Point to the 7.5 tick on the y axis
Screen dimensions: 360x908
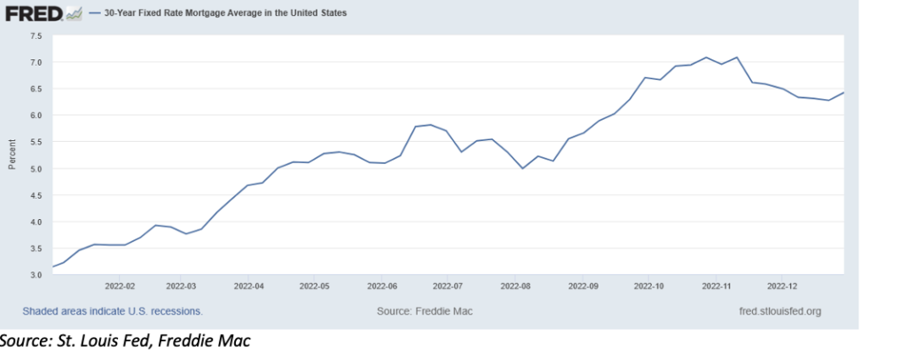tap(36, 35)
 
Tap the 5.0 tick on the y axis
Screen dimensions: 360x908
tap(36, 168)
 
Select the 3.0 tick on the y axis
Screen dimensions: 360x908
tap(36, 275)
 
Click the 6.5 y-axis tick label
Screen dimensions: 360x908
tap(36, 89)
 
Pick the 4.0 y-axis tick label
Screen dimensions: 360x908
tap(36, 222)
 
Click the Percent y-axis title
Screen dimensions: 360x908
tap(12, 155)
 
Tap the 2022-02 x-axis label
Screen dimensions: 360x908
tap(120, 286)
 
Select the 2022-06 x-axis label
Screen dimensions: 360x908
tap(384, 286)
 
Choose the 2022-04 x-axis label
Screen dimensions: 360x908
tap(249, 286)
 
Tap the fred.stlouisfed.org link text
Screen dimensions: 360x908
tap(779, 311)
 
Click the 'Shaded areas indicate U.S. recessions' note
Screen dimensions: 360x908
tap(113, 311)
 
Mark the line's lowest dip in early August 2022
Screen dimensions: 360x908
tap(523, 168)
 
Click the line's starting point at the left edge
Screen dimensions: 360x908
tap(53, 266)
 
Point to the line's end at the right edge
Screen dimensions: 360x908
tap(842, 92)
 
